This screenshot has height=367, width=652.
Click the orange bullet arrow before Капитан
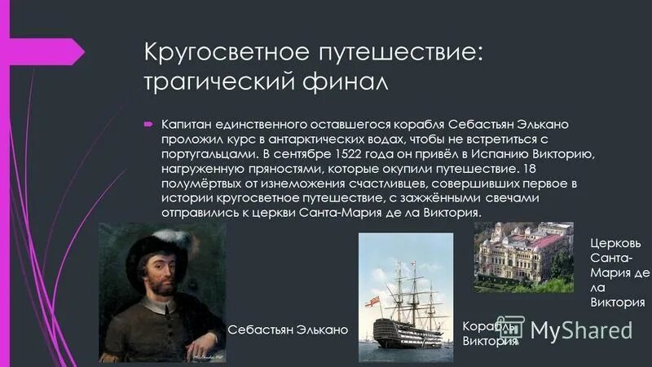coord(149,124)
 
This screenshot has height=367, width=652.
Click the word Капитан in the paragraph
coord(183,124)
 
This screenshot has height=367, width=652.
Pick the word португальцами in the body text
coord(204,153)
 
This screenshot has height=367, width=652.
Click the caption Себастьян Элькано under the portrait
coord(288,329)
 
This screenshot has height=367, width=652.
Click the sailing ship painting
coord(406,297)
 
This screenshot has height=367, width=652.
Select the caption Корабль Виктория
coord(489,334)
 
